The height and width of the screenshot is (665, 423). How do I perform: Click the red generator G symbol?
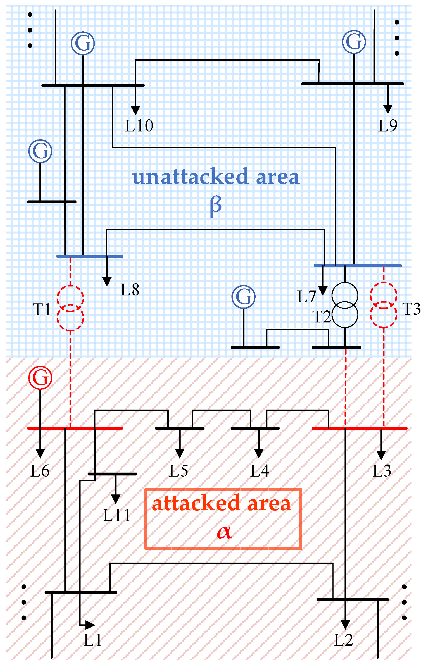point(40,377)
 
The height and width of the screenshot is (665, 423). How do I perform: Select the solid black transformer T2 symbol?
point(345,305)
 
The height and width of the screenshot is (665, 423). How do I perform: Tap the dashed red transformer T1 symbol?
point(70,308)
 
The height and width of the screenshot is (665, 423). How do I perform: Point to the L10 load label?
point(139,126)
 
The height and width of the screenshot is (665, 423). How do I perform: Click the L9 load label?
point(388,126)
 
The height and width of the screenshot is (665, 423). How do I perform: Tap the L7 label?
point(307,297)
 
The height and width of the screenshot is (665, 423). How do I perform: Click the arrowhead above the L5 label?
point(180,454)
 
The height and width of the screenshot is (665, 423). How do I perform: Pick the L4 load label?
point(260,471)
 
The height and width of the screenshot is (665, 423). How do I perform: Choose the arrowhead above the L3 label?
point(381,455)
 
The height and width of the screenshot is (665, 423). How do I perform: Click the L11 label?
point(117,515)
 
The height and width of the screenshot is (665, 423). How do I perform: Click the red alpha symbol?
point(224,532)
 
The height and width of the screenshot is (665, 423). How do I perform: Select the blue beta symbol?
point(216,205)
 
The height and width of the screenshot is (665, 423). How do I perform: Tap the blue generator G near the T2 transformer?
point(244,297)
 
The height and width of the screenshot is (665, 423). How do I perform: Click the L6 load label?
point(40,471)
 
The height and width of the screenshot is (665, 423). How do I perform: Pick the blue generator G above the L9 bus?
point(354,42)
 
